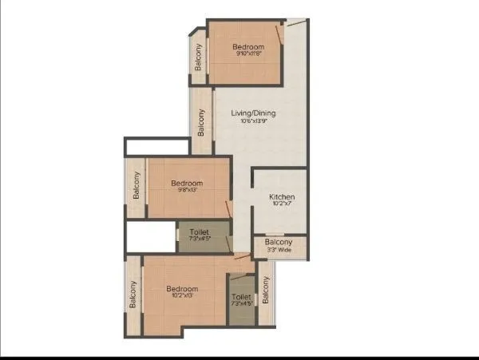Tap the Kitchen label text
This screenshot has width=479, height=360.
(x=282, y=197)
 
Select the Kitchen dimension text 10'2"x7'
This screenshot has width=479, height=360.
(x=282, y=205)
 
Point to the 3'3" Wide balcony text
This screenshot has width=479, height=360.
(x=279, y=250)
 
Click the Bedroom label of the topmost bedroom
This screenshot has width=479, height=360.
(x=247, y=47)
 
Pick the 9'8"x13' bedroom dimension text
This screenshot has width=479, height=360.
(x=187, y=192)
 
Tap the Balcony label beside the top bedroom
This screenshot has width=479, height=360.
(x=198, y=56)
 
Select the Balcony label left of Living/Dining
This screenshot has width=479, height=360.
(x=201, y=121)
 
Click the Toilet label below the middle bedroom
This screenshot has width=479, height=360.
(x=200, y=233)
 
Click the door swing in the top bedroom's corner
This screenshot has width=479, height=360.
(x=279, y=33)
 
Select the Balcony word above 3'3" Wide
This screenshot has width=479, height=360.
(x=279, y=242)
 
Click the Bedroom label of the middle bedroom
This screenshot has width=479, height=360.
(x=187, y=184)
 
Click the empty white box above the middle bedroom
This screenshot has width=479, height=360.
(x=156, y=146)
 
